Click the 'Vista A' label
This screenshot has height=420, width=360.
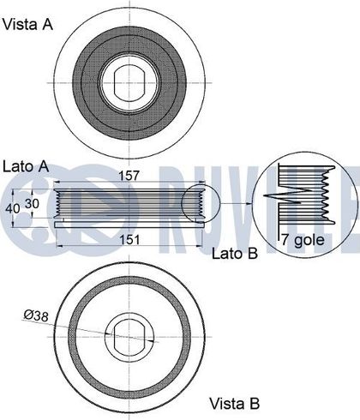(x=27, y=24)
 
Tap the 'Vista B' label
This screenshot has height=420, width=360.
(x=235, y=404)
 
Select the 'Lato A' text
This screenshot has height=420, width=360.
(x=26, y=166)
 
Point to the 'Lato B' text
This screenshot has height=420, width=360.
(x=235, y=253)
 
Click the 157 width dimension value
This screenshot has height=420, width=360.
(x=129, y=176)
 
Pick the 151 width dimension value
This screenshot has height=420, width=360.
(x=129, y=239)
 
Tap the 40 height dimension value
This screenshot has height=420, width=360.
(x=13, y=208)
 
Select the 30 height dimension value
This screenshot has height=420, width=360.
(x=32, y=203)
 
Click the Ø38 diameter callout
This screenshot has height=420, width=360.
(x=36, y=315)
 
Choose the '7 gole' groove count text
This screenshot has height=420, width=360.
(x=303, y=240)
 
